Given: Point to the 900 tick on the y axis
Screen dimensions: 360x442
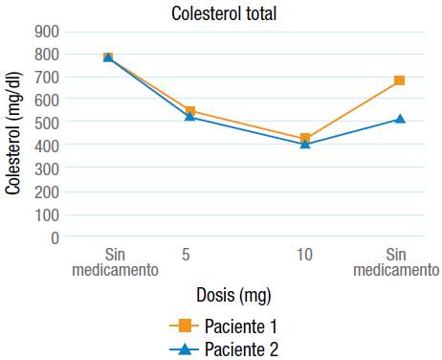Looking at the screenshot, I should tap(47, 31).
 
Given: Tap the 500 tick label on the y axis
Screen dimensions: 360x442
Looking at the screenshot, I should tap(47, 123).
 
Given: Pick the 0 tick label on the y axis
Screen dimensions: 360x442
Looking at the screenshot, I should tap(55, 237).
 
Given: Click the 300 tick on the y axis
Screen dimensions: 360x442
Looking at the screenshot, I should tap(47, 169).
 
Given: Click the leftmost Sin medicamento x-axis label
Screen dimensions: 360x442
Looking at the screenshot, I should tap(115, 262).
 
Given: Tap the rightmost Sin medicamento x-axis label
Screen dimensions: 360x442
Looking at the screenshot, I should tap(396, 262).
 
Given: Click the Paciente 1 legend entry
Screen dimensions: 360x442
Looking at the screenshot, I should tap(224, 326).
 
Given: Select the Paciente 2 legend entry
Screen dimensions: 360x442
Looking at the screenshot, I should tap(224, 349).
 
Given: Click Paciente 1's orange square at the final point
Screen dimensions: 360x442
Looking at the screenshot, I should tap(399, 80).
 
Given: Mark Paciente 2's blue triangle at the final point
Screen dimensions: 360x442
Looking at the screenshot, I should tap(399, 119).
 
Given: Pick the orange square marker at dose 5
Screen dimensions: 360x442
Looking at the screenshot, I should tap(190, 111).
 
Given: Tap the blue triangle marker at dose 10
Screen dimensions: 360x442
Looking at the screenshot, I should tap(305, 144).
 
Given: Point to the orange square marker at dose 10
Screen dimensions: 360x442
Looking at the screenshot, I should tap(305, 138).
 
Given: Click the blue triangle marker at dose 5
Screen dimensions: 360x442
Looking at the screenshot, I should tap(190, 117).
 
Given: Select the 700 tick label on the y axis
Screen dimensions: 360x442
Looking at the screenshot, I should tap(47, 77).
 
